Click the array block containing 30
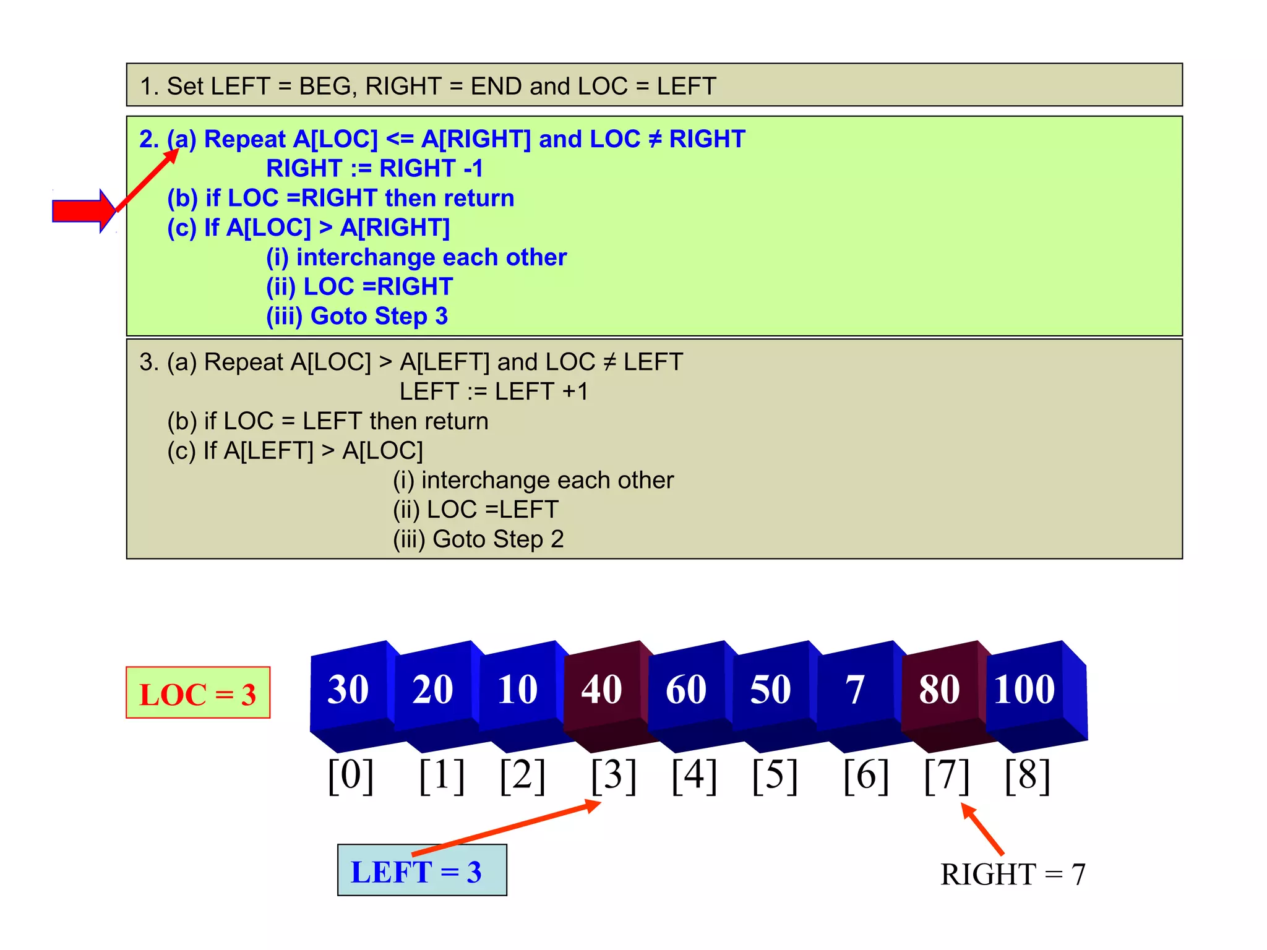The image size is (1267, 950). tap(348, 690)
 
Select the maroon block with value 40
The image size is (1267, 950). tap(602, 690)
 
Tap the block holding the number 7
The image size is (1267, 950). tap(855, 690)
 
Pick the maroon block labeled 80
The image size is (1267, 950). tap(939, 690)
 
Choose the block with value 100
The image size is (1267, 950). tap(1024, 690)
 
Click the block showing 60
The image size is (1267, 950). tap(686, 690)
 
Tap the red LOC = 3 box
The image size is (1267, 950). tap(198, 693)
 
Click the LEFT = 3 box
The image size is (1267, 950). tap(422, 871)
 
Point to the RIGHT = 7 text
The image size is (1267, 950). tap(1013, 875)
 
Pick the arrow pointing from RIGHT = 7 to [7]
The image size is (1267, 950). tap(982, 829)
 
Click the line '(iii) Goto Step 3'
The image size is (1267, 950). tap(357, 316)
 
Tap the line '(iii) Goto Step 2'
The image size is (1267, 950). tap(478, 539)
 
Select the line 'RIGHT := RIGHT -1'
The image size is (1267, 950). tap(374, 168)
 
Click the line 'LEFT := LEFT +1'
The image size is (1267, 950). tap(494, 392)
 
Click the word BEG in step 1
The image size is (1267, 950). tap(324, 86)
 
